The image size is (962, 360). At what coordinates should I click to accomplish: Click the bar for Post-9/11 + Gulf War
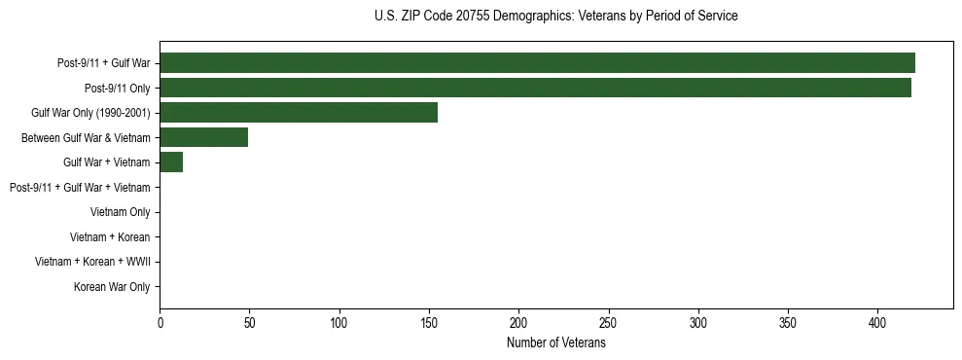[x=537, y=63]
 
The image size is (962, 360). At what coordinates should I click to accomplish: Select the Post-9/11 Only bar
[x=535, y=88]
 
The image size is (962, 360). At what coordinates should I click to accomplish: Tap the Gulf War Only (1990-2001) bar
[x=299, y=113]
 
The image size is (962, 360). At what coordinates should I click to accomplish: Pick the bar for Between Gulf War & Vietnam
[x=203, y=137]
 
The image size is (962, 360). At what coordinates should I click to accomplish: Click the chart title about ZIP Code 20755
[x=555, y=17]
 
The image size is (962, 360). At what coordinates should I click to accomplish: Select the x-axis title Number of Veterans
[x=555, y=343]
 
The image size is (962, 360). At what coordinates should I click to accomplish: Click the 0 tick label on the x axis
[x=160, y=322]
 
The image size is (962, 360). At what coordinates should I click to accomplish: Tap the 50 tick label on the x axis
[x=250, y=322]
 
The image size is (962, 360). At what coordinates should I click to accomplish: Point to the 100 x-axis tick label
[x=339, y=322]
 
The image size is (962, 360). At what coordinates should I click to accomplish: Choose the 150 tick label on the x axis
[x=429, y=322]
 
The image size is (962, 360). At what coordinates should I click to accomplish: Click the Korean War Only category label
[x=112, y=287]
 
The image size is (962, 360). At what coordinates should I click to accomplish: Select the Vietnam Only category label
[x=120, y=212]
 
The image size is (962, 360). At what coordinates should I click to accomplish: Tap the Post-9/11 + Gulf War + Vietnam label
[x=80, y=187]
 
